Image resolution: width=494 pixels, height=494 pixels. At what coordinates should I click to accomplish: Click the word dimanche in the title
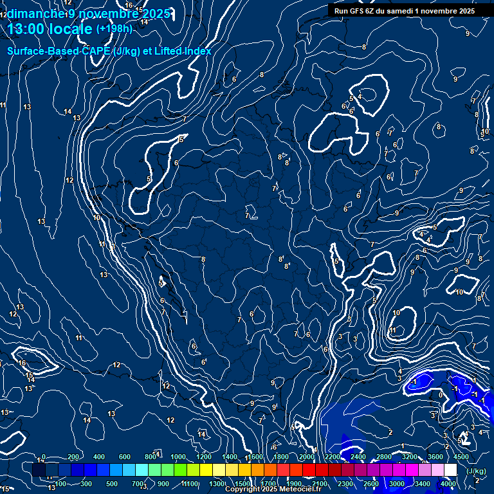pos(35,14)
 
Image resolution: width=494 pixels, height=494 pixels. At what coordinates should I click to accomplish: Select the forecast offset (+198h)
pos(114,29)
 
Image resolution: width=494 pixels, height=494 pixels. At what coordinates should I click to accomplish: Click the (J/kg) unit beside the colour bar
pos(475,471)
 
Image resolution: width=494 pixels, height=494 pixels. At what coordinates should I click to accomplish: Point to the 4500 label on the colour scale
pos(461,457)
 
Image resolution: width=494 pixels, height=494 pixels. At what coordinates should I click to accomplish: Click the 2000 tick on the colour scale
pos(307,457)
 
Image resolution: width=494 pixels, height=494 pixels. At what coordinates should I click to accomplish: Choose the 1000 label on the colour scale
pos(178,457)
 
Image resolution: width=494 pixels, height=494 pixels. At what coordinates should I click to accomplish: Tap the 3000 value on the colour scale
pos(397,484)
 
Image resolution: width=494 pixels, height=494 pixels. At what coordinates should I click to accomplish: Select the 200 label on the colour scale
pos(73,457)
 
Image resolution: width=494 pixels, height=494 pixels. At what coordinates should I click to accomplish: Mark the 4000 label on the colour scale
pos(448,484)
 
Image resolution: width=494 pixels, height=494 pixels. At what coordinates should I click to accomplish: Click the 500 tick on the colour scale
pos(111,484)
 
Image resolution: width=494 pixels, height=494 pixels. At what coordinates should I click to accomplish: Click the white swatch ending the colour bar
pos(451,470)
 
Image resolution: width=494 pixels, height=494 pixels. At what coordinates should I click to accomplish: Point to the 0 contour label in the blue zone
pos(440,395)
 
